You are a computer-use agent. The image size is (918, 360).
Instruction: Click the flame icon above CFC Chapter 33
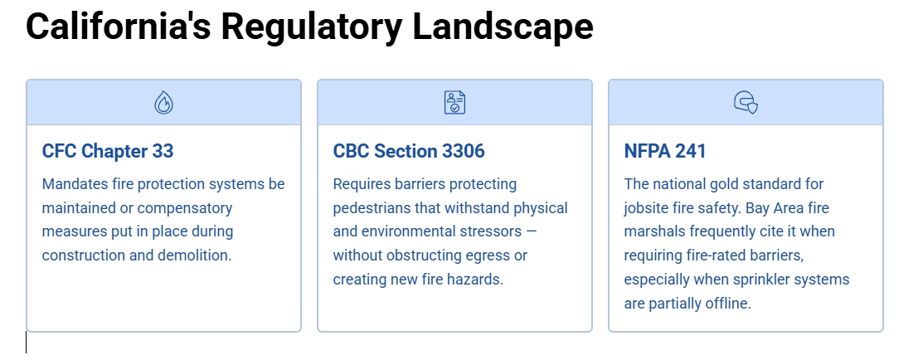click(164, 103)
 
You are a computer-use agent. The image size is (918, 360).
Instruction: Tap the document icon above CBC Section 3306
click(454, 103)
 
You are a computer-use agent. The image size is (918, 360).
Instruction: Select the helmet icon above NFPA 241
click(746, 103)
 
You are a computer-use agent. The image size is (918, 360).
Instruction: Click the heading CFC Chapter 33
click(108, 151)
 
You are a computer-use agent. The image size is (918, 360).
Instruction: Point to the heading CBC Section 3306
click(409, 151)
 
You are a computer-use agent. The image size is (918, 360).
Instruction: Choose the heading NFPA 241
click(665, 151)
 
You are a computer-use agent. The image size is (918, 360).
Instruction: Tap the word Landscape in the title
click(503, 27)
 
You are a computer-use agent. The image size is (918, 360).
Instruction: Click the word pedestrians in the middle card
click(374, 207)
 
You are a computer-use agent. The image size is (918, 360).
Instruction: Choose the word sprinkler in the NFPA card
click(760, 280)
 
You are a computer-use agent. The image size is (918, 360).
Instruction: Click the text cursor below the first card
click(27, 342)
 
